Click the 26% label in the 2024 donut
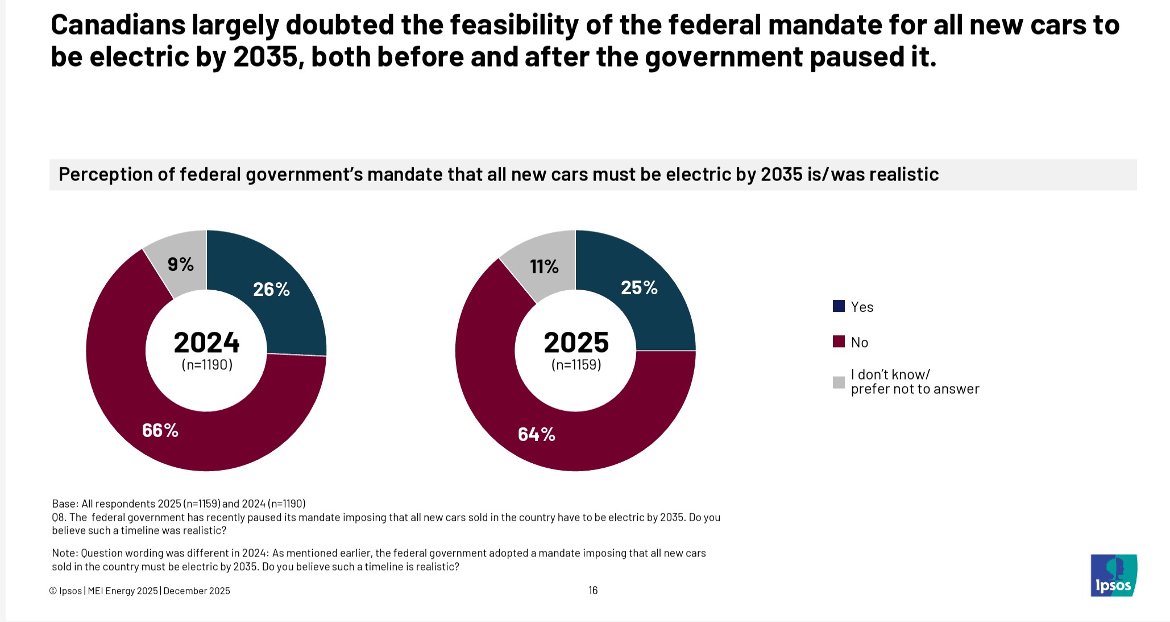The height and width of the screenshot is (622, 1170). click(x=271, y=290)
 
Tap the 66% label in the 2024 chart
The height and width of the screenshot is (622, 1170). click(x=160, y=431)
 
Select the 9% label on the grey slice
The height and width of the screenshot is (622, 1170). click(x=181, y=265)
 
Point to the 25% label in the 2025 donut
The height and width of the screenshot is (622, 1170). click(x=639, y=288)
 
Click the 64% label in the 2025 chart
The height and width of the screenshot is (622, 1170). click(x=536, y=435)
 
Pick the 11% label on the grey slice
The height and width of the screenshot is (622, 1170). click(x=544, y=266)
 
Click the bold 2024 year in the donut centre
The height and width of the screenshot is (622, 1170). click(x=206, y=343)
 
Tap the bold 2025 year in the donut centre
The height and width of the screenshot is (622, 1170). click(x=576, y=343)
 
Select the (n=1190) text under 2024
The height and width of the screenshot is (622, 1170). click(x=207, y=365)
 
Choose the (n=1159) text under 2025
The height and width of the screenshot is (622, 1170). click(x=576, y=365)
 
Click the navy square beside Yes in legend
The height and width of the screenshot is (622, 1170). click(x=839, y=306)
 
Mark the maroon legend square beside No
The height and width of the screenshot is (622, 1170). click(x=839, y=341)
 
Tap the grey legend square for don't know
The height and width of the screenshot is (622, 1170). click(x=839, y=382)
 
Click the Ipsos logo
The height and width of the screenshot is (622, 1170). click(x=1113, y=575)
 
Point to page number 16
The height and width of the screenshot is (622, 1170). click(x=593, y=591)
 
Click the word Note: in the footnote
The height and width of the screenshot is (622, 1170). click(x=65, y=553)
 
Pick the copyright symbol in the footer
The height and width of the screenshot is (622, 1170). click(x=53, y=591)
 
